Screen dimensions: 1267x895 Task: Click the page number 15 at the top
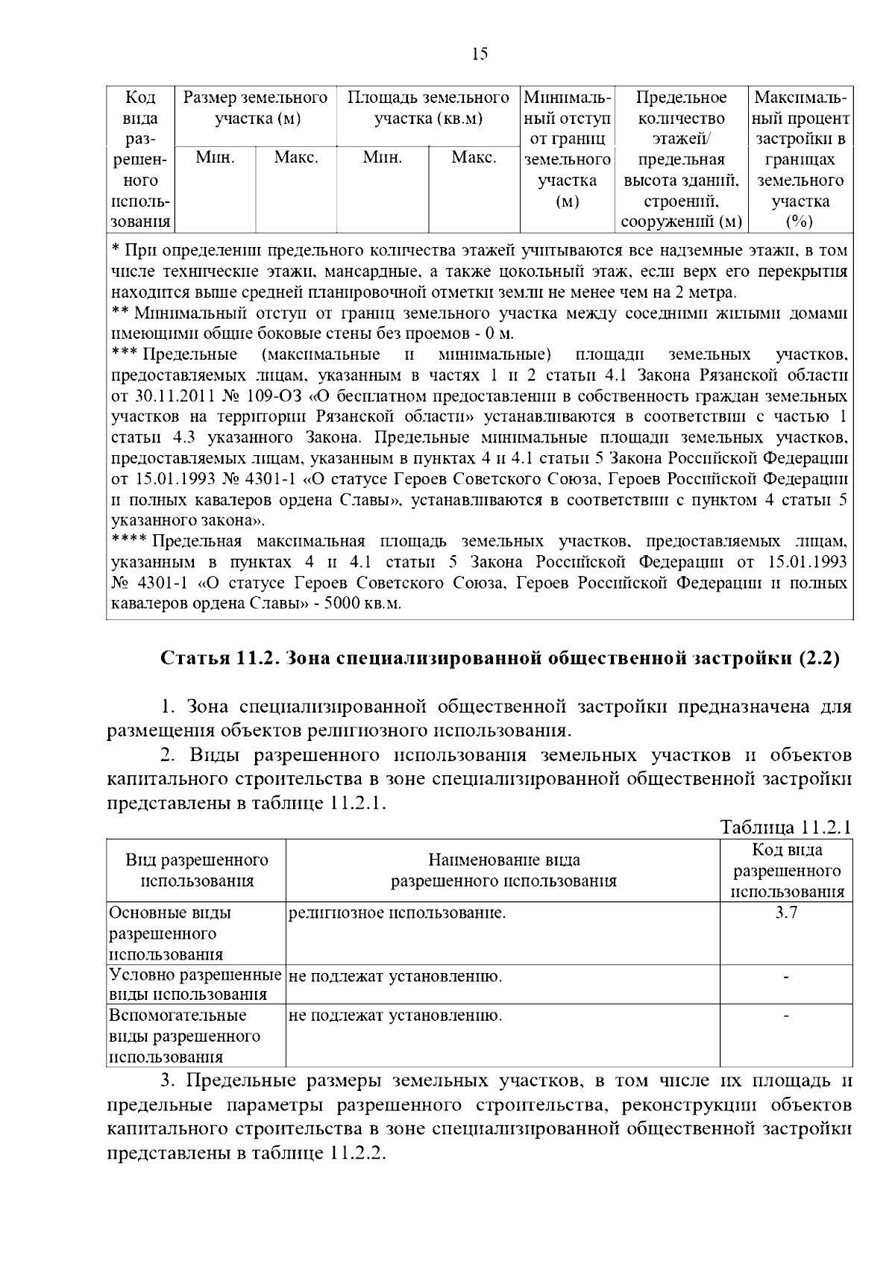pyautogui.click(x=480, y=54)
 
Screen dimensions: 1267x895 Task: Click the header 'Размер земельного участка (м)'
pyautogui.click(x=256, y=108)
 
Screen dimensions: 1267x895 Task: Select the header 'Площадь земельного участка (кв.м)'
pyautogui.click(x=428, y=108)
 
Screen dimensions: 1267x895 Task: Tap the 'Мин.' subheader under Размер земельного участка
pyautogui.click(x=215, y=158)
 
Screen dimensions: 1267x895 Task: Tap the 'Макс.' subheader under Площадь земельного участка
pyautogui.click(x=474, y=158)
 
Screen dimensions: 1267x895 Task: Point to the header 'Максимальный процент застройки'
pyautogui.click(x=800, y=158)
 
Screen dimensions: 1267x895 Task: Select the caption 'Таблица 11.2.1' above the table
pyautogui.click(x=785, y=828)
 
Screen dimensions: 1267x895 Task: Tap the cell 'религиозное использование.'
pyautogui.click(x=397, y=913)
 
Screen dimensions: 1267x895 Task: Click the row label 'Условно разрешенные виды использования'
pyautogui.click(x=195, y=985)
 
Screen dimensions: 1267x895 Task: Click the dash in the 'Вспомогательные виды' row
pyautogui.click(x=786, y=1016)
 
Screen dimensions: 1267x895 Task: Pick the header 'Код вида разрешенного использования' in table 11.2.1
pyautogui.click(x=786, y=871)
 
